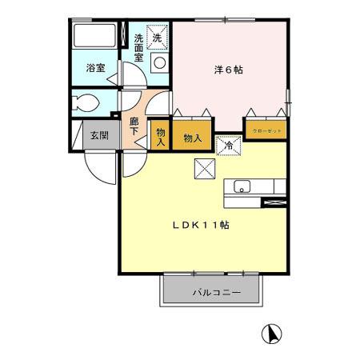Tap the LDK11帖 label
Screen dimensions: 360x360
coord(202,226)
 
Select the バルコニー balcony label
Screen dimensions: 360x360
coord(212,292)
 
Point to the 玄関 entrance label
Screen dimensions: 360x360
coord(99,134)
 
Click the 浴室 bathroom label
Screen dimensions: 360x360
coord(94,69)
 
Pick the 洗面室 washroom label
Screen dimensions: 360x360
coord(138,47)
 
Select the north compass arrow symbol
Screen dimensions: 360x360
coord(273,333)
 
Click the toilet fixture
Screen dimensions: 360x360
coord(86,102)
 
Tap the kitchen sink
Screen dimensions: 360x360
coord(242,188)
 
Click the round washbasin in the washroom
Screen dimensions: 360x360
coord(158,62)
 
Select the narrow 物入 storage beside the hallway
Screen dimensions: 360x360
coord(160,134)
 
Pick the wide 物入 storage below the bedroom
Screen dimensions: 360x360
coord(192,138)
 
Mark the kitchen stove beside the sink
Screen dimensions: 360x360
coord(274,203)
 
